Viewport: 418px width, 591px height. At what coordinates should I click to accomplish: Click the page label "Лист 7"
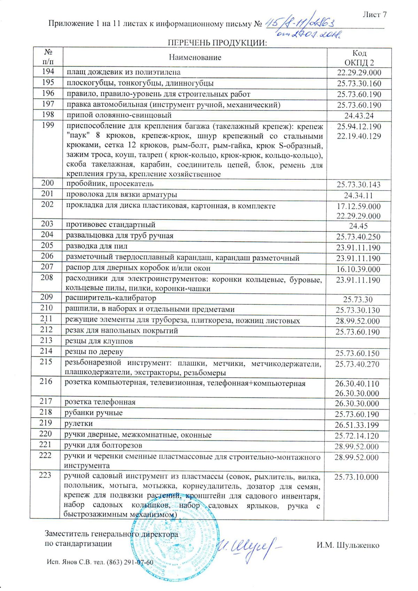click(374, 15)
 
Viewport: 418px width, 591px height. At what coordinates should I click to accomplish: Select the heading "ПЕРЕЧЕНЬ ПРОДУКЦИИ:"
click(217, 43)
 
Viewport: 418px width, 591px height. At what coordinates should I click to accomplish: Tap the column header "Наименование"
click(195, 57)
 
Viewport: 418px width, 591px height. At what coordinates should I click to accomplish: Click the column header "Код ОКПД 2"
click(359, 58)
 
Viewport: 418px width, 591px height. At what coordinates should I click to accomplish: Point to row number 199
click(47, 125)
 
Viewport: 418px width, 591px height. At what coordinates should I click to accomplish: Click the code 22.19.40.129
click(359, 136)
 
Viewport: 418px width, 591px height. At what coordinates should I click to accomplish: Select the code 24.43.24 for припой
click(359, 116)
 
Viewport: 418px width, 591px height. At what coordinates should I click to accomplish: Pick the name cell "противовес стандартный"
click(110, 225)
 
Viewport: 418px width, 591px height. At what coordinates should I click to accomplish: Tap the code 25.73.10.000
click(356, 477)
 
